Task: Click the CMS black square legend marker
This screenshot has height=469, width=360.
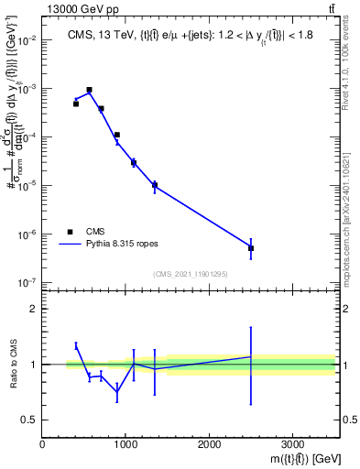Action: point(71,233)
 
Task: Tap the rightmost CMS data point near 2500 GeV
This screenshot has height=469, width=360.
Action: point(251,248)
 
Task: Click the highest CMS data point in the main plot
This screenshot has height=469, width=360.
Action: point(89,90)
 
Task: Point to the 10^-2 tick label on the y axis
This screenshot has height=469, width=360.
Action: point(27,40)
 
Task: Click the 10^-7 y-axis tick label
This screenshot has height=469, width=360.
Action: point(27,282)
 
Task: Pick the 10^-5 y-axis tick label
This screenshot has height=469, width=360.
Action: point(27,186)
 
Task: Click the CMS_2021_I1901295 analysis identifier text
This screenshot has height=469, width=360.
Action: point(190,274)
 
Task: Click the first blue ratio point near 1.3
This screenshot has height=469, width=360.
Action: point(76,345)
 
